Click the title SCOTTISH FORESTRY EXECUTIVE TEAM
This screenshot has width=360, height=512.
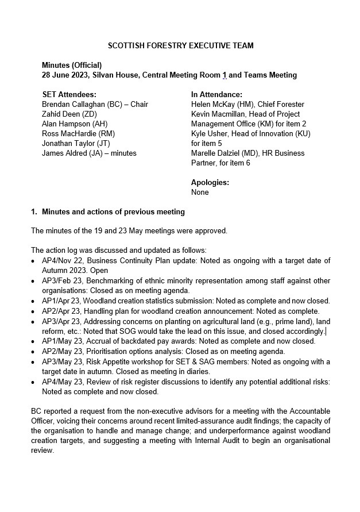[x=181, y=45]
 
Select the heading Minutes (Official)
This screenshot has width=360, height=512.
[x=72, y=65]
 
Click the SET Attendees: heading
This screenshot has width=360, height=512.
[x=69, y=94]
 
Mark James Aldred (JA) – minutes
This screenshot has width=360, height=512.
[x=89, y=153]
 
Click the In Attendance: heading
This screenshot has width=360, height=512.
[x=216, y=94]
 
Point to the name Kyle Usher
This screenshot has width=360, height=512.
[x=211, y=133]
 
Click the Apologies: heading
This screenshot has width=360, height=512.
[x=210, y=182]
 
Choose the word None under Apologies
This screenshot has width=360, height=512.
[x=200, y=192]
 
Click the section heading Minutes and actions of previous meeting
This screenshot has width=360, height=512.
[x=113, y=211]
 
